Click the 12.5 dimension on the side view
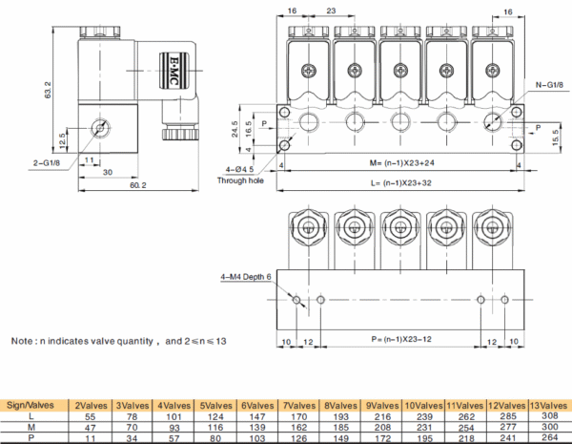coord(64,139)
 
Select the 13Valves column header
coord(548,406)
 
